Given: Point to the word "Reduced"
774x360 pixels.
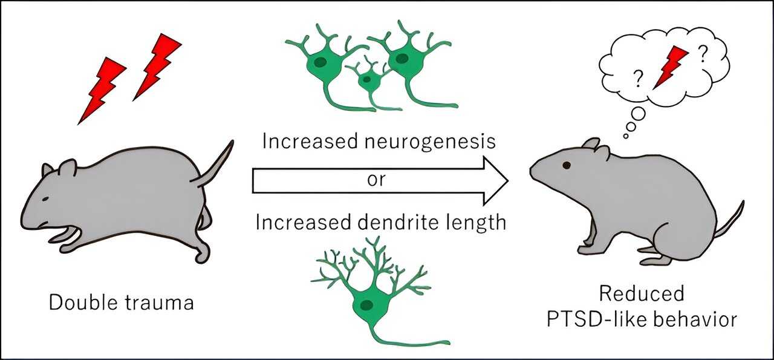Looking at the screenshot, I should point(642,294).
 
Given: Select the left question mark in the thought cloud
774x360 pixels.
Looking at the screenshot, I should point(637,78).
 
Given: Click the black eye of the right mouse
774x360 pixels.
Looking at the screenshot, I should point(566,165).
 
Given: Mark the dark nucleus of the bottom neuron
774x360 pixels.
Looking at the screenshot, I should point(366,304).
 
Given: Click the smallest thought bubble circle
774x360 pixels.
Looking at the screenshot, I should point(625,136).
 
